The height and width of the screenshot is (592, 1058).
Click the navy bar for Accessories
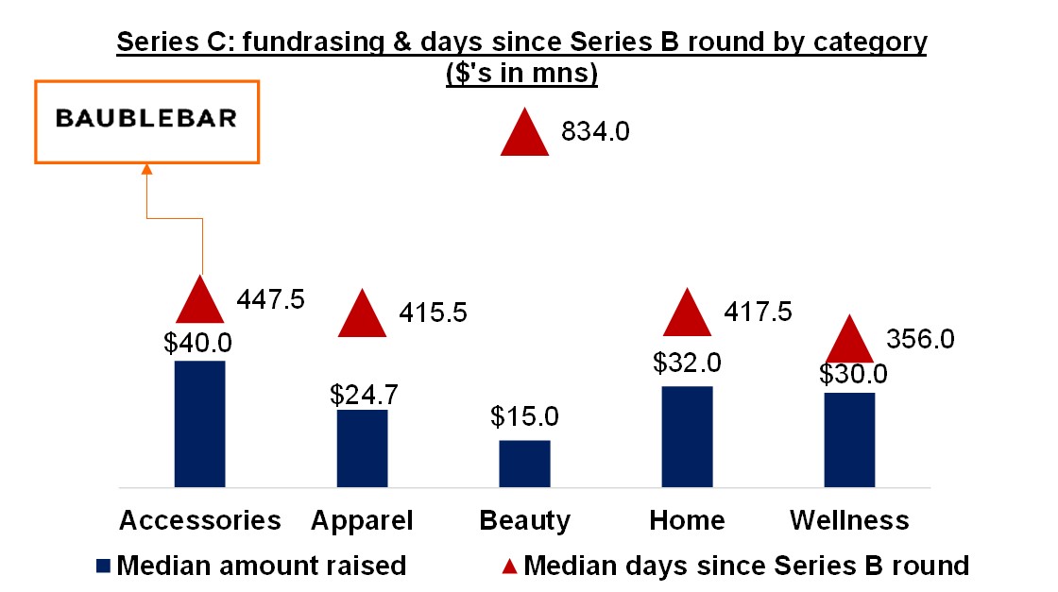199,423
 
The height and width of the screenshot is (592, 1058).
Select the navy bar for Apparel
362,448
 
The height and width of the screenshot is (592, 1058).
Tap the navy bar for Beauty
524,463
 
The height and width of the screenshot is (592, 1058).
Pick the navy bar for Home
687,436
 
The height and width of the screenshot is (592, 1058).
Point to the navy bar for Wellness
849,439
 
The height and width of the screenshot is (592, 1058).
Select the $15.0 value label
524,416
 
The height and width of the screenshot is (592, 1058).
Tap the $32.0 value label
687,364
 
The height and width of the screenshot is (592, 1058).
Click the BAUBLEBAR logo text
146,119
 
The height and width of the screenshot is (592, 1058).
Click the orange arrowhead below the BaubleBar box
146,169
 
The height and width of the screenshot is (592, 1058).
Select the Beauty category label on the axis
524,520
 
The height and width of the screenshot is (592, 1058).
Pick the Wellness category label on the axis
849,520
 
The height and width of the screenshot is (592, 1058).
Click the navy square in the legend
104,567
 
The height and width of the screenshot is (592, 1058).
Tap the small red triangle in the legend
509,567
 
